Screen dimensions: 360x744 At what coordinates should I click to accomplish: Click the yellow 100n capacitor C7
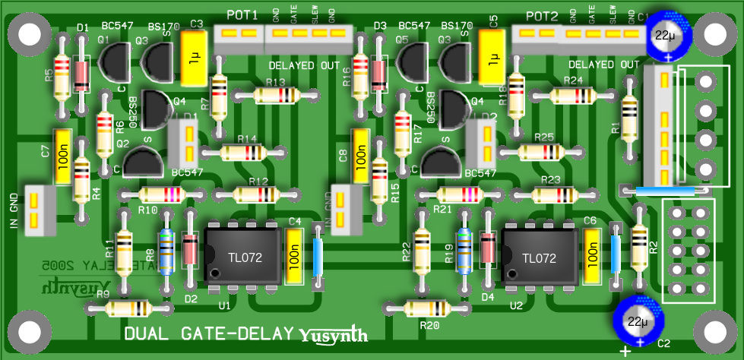tap(63, 155)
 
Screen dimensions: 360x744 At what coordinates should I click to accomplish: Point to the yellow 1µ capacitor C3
tap(193, 58)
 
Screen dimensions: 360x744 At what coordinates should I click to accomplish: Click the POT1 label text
tap(242, 15)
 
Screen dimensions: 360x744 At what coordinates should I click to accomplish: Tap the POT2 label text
tap(542, 16)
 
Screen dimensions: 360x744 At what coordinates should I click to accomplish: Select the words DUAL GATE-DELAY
tap(209, 333)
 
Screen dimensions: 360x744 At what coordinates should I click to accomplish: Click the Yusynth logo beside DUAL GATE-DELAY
tap(334, 334)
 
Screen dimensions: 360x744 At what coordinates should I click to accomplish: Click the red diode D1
tap(81, 72)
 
